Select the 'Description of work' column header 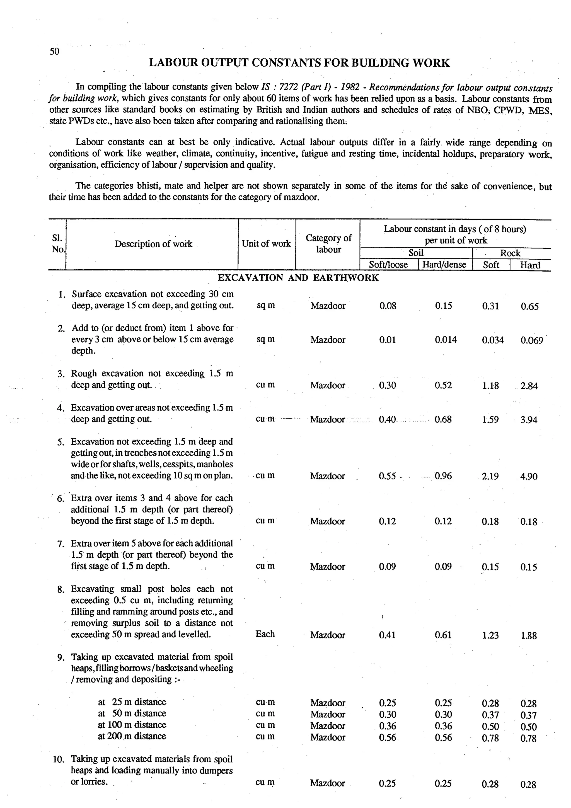pos(153,244)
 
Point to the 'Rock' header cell pos(510,253)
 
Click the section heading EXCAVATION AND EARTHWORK pos(298,278)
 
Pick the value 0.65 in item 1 pos(529,306)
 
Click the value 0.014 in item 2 pos(446,340)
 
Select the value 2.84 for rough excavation pos(529,386)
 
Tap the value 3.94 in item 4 pos(529,420)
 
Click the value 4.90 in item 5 pos(529,476)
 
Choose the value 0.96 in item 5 pos(443,476)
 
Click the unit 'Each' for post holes pos(265,634)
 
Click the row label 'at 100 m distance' pos(132,725)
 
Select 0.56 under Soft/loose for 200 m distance pos(387,737)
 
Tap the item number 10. pos(58,759)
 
